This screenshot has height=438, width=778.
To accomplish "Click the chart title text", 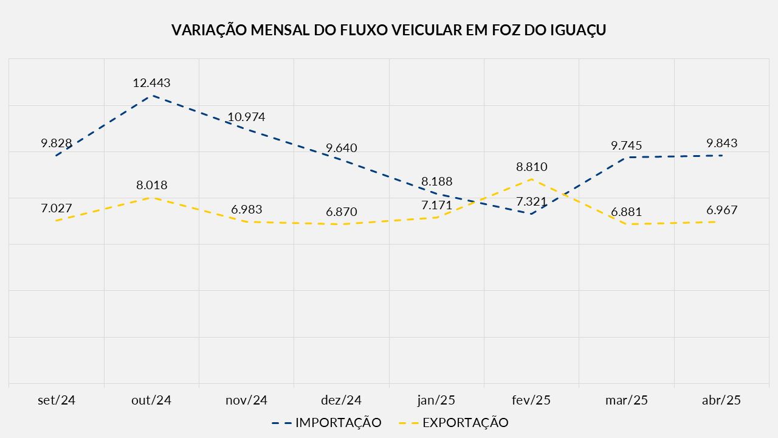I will pyautogui.click(x=389, y=30).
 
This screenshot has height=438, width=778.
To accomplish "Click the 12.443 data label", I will pyautogui.click(x=151, y=83).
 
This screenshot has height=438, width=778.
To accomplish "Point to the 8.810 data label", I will pyautogui.click(x=532, y=167).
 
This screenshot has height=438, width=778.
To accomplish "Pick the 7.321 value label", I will pyautogui.click(x=532, y=201).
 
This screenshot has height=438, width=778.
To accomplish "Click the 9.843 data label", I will pyautogui.click(x=721, y=144).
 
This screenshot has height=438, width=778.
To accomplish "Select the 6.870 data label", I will pyautogui.click(x=342, y=212).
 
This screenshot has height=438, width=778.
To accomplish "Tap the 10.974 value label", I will pyautogui.click(x=246, y=117).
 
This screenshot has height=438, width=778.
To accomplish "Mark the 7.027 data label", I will pyautogui.click(x=57, y=208).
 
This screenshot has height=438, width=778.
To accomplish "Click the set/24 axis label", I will pyautogui.click(x=57, y=400).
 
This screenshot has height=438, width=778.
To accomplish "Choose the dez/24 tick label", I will pyautogui.click(x=342, y=400).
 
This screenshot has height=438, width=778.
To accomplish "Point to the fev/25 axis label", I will pyautogui.click(x=532, y=400).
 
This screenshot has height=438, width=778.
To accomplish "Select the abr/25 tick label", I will pyautogui.click(x=721, y=400).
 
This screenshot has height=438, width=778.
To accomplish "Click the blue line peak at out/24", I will pyautogui.click(x=151, y=96).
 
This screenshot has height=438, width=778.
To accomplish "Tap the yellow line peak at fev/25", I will pyautogui.click(x=532, y=179).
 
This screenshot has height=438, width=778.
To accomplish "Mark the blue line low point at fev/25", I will pyautogui.click(x=532, y=214).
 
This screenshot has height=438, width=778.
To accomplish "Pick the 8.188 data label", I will pyautogui.click(x=436, y=181).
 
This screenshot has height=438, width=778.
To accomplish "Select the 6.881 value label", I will pyautogui.click(x=627, y=212).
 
